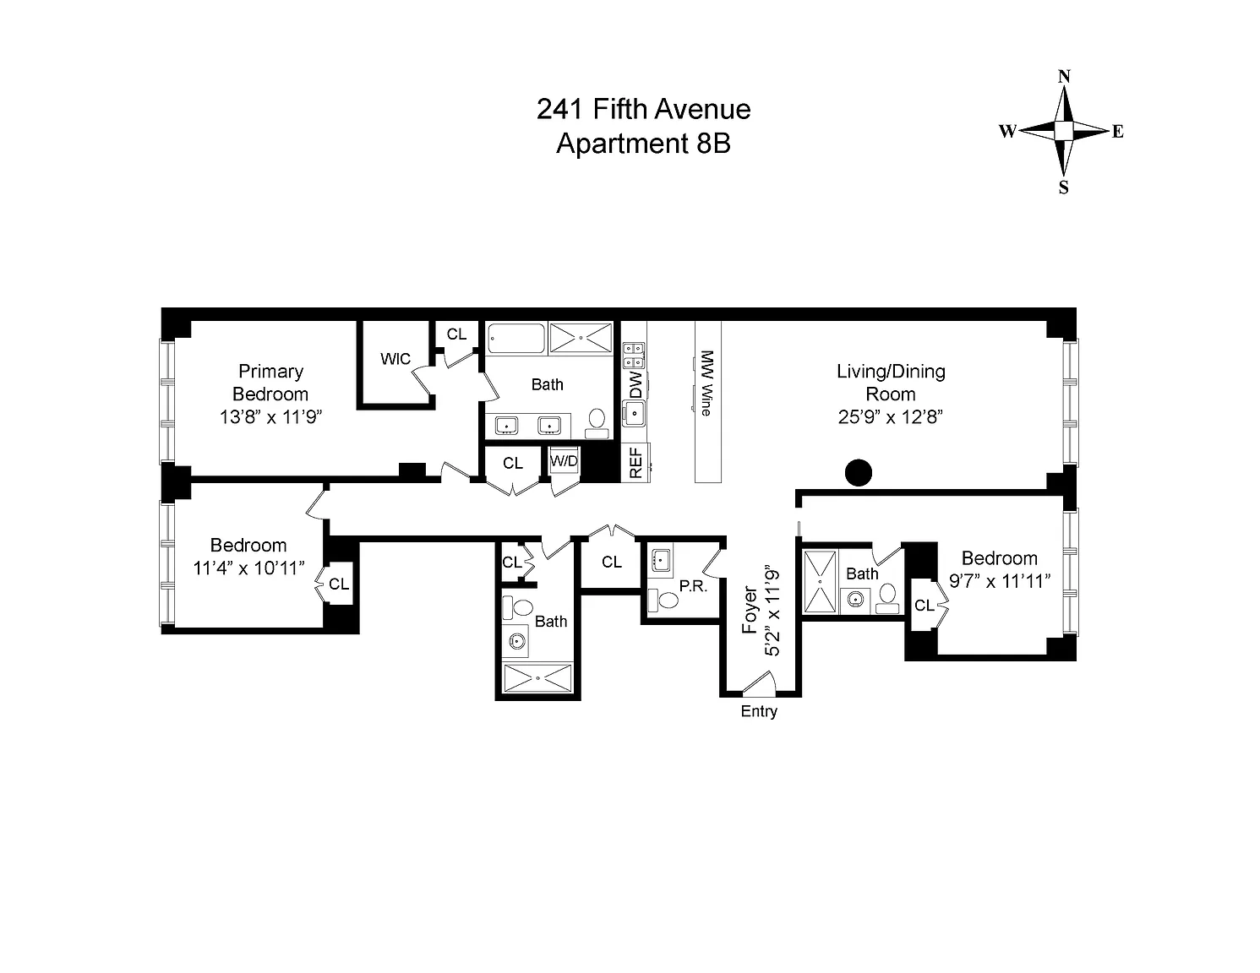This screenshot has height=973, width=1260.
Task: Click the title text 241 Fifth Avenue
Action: [x=643, y=109]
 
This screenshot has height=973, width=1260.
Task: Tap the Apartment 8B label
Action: [x=643, y=144]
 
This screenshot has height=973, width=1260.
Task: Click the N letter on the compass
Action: [x=1065, y=77]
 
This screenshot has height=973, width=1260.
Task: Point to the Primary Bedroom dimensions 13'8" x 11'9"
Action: [x=271, y=416]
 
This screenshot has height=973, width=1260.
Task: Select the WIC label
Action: [x=395, y=359]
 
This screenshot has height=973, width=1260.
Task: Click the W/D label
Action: [x=564, y=461]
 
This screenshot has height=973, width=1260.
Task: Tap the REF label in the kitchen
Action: [x=636, y=463]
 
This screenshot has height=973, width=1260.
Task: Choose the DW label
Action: [x=635, y=386]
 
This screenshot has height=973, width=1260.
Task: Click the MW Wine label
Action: [x=707, y=383]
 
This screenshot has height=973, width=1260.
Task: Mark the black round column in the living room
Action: [x=859, y=472]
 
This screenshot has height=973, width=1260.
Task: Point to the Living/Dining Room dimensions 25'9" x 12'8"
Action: [x=891, y=416]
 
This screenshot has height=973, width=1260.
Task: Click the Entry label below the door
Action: [x=759, y=711]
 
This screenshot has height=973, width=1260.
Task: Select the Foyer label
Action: [x=750, y=610]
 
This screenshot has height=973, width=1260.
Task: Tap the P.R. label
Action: [x=693, y=585]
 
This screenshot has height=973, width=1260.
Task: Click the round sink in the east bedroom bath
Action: [x=855, y=600]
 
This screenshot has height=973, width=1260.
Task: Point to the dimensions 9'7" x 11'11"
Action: [x=1000, y=580]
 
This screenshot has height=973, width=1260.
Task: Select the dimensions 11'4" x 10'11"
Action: [x=248, y=568]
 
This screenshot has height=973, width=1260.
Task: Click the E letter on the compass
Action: [x=1117, y=132]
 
